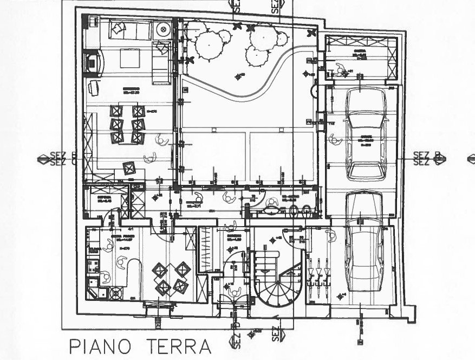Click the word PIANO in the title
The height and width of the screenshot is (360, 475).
[x=99, y=346]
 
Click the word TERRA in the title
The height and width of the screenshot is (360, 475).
[x=174, y=346]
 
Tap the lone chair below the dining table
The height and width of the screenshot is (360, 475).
[x=129, y=168]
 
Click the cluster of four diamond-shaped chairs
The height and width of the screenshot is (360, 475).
[x=170, y=278]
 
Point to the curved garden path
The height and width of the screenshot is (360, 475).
[x=255, y=87]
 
